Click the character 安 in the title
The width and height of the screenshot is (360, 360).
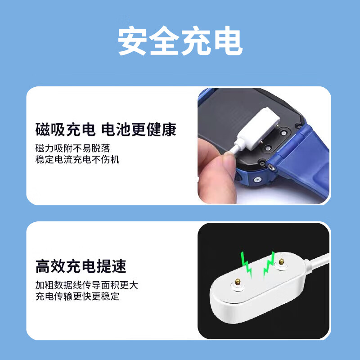pos(133,42)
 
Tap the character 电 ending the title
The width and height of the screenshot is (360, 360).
pos(228,42)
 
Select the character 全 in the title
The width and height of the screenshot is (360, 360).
pos(165,42)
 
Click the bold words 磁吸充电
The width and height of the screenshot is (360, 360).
pos(65,130)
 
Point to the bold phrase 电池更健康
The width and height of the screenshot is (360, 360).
pos(139,130)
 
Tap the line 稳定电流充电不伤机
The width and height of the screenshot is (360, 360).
pos(77,159)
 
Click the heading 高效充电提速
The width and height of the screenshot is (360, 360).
pos(81,266)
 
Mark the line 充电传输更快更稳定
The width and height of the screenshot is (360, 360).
pos(77,297)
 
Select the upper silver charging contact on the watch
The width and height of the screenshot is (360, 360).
pos(284,132)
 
